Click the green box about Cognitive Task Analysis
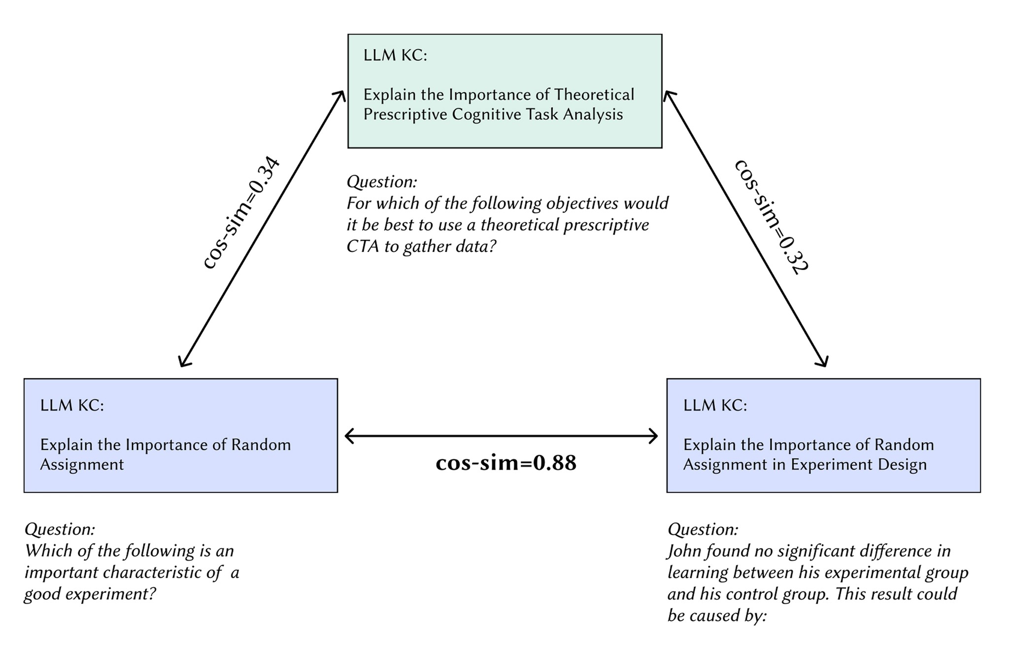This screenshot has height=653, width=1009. click(x=504, y=91)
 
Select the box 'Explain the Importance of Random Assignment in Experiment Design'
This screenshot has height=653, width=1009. click(x=823, y=436)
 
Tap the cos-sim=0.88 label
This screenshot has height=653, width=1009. click(x=506, y=463)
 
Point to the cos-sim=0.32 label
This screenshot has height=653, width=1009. click(x=771, y=217)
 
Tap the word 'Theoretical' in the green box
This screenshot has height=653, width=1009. click(x=594, y=94)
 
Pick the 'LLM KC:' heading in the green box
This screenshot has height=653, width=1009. click(x=395, y=55)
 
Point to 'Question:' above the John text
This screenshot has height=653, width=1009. click(x=703, y=529)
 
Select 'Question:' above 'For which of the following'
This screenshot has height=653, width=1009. click(x=382, y=182)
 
